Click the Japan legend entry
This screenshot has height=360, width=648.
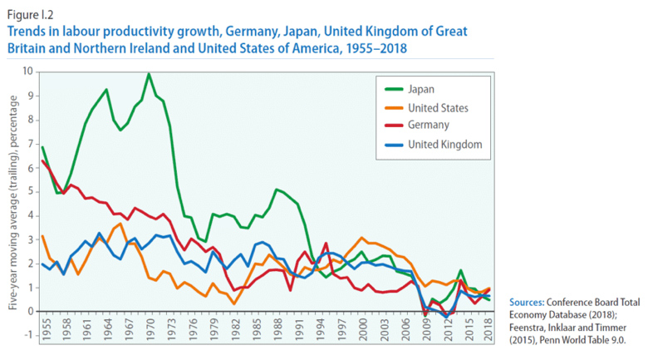[421, 89]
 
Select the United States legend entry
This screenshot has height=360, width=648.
[437, 107]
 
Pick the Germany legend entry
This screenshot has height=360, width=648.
[428, 126]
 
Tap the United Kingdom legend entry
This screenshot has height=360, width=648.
[444, 144]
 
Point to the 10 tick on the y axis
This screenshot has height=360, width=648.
[28, 72]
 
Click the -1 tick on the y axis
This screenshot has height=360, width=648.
[28, 335]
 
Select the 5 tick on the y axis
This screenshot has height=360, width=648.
[30, 191]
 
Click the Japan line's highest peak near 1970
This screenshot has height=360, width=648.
[149, 74]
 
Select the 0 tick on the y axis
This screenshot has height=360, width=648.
[30, 311]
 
